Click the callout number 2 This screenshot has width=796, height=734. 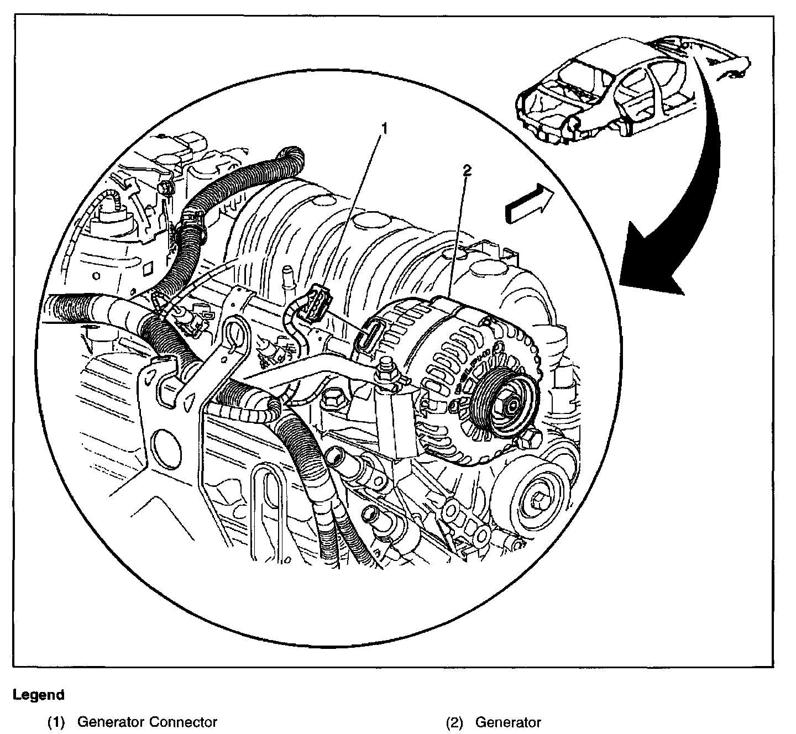(x=467, y=171)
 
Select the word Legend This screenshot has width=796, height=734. (x=39, y=695)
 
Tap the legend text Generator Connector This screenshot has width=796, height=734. (x=147, y=722)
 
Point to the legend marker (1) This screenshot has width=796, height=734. (x=57, y=722)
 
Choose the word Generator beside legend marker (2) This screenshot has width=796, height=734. (x=508, y=722)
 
